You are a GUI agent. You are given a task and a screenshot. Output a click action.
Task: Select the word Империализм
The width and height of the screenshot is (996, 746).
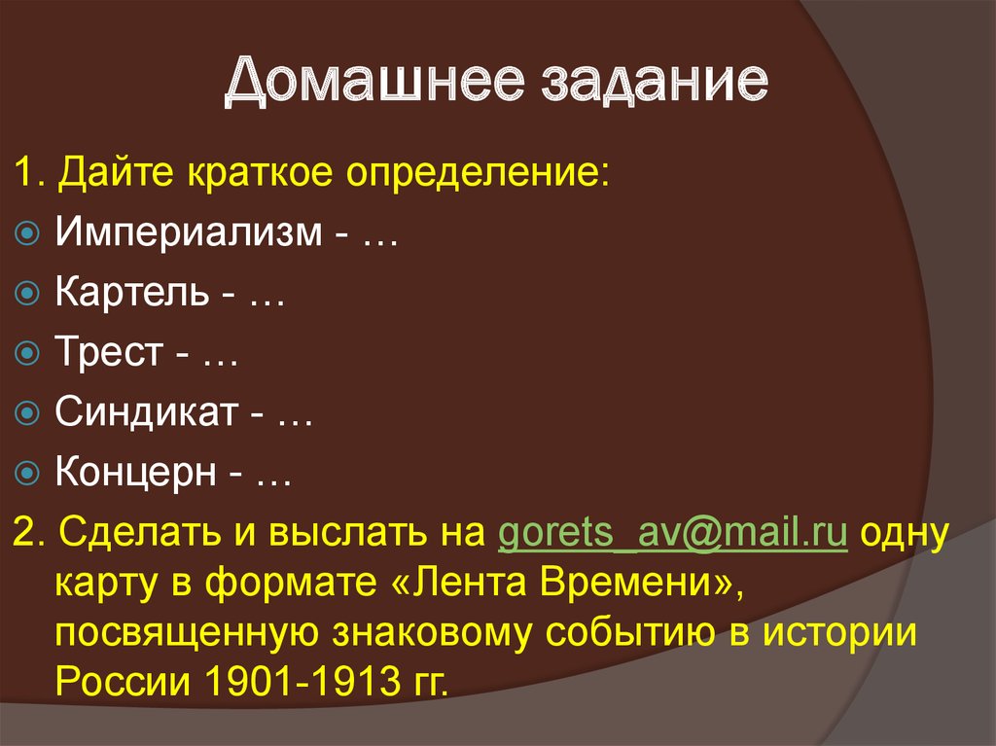click(186, 233)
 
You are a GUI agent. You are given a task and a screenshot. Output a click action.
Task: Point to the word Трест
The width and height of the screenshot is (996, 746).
click(108, 353)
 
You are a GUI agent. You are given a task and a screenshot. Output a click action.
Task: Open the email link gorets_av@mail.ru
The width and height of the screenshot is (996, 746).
click(671, 534)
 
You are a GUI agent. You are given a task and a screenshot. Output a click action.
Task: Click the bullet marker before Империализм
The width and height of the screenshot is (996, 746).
click(29, 234)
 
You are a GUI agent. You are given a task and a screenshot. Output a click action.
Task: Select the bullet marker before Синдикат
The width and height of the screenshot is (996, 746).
click(29, 414)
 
